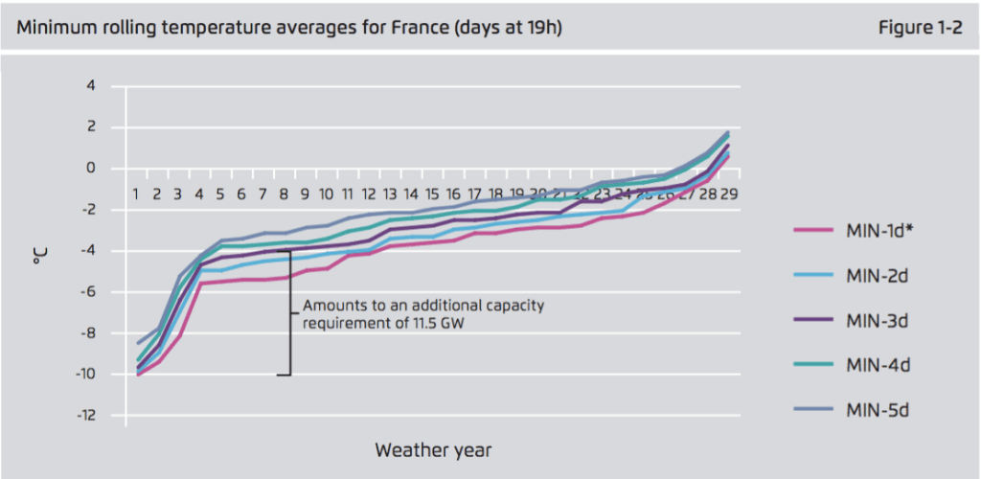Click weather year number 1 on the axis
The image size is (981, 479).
(136, 194)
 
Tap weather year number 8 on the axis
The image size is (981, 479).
(284, 194)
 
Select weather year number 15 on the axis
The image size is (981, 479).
(431, 194)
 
